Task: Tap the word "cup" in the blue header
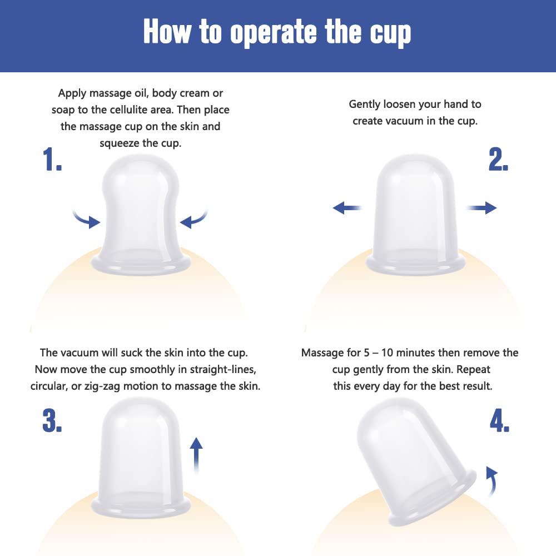391,34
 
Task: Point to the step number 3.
52,420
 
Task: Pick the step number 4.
500,420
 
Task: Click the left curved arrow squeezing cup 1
87,219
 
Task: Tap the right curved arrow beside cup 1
193,219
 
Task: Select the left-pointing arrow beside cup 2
347,208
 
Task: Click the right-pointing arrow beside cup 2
481,208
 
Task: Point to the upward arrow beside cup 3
196,456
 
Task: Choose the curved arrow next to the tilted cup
492,481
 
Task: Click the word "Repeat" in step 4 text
473,370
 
